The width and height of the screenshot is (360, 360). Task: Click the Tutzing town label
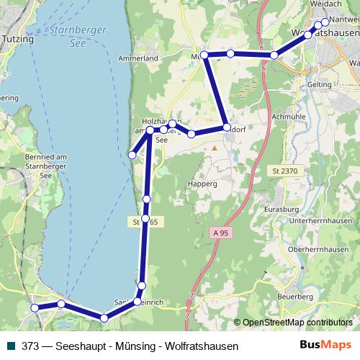[x=18, y=39]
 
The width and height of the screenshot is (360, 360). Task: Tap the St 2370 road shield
[x=285, y=170]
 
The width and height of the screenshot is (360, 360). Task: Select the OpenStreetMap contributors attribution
[x=297, y=323]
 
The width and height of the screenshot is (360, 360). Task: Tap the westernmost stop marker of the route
[x=34, y=308]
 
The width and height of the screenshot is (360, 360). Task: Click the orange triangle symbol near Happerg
[x=214, y=148]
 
